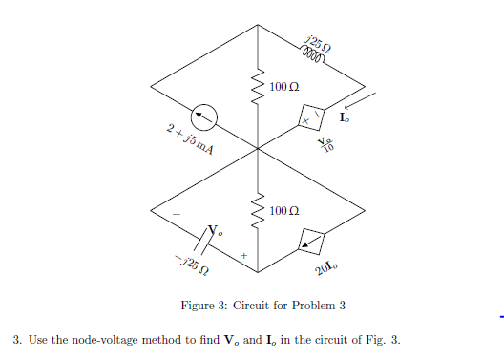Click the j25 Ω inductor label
tap(319, 41)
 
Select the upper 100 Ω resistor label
tap(284, 87)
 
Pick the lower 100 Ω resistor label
tap(284, 209)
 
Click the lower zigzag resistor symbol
tap(256, 212)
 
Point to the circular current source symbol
tap(202, 117)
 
